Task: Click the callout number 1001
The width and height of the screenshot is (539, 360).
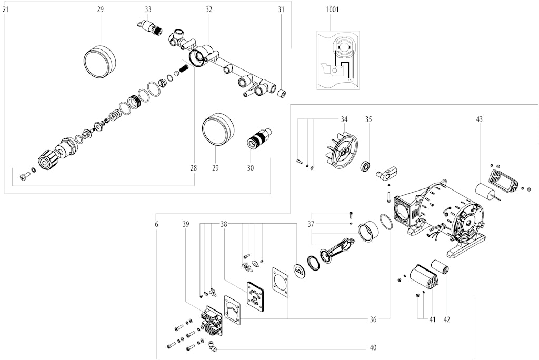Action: pos(333,9)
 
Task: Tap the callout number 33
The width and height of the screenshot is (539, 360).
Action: pos(148,9)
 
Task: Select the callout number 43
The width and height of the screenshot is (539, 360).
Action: pos(479,119)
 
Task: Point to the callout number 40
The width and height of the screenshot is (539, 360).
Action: pos(373,347)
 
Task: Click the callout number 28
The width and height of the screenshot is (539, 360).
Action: pos(194,168)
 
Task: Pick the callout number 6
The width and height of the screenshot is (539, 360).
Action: pos(156,224)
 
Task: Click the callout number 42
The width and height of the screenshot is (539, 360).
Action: pos(446,319)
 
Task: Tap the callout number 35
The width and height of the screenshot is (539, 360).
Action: pos(368,119)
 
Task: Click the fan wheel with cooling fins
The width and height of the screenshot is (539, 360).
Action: pos(341,149)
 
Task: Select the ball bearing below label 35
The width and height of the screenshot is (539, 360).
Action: pos(367,167)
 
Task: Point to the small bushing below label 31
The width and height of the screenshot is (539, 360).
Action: pos(283,93)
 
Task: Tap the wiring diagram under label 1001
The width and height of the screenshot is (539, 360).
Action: pos(338,60)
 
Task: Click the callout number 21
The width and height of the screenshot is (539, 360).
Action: pos(6,9)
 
